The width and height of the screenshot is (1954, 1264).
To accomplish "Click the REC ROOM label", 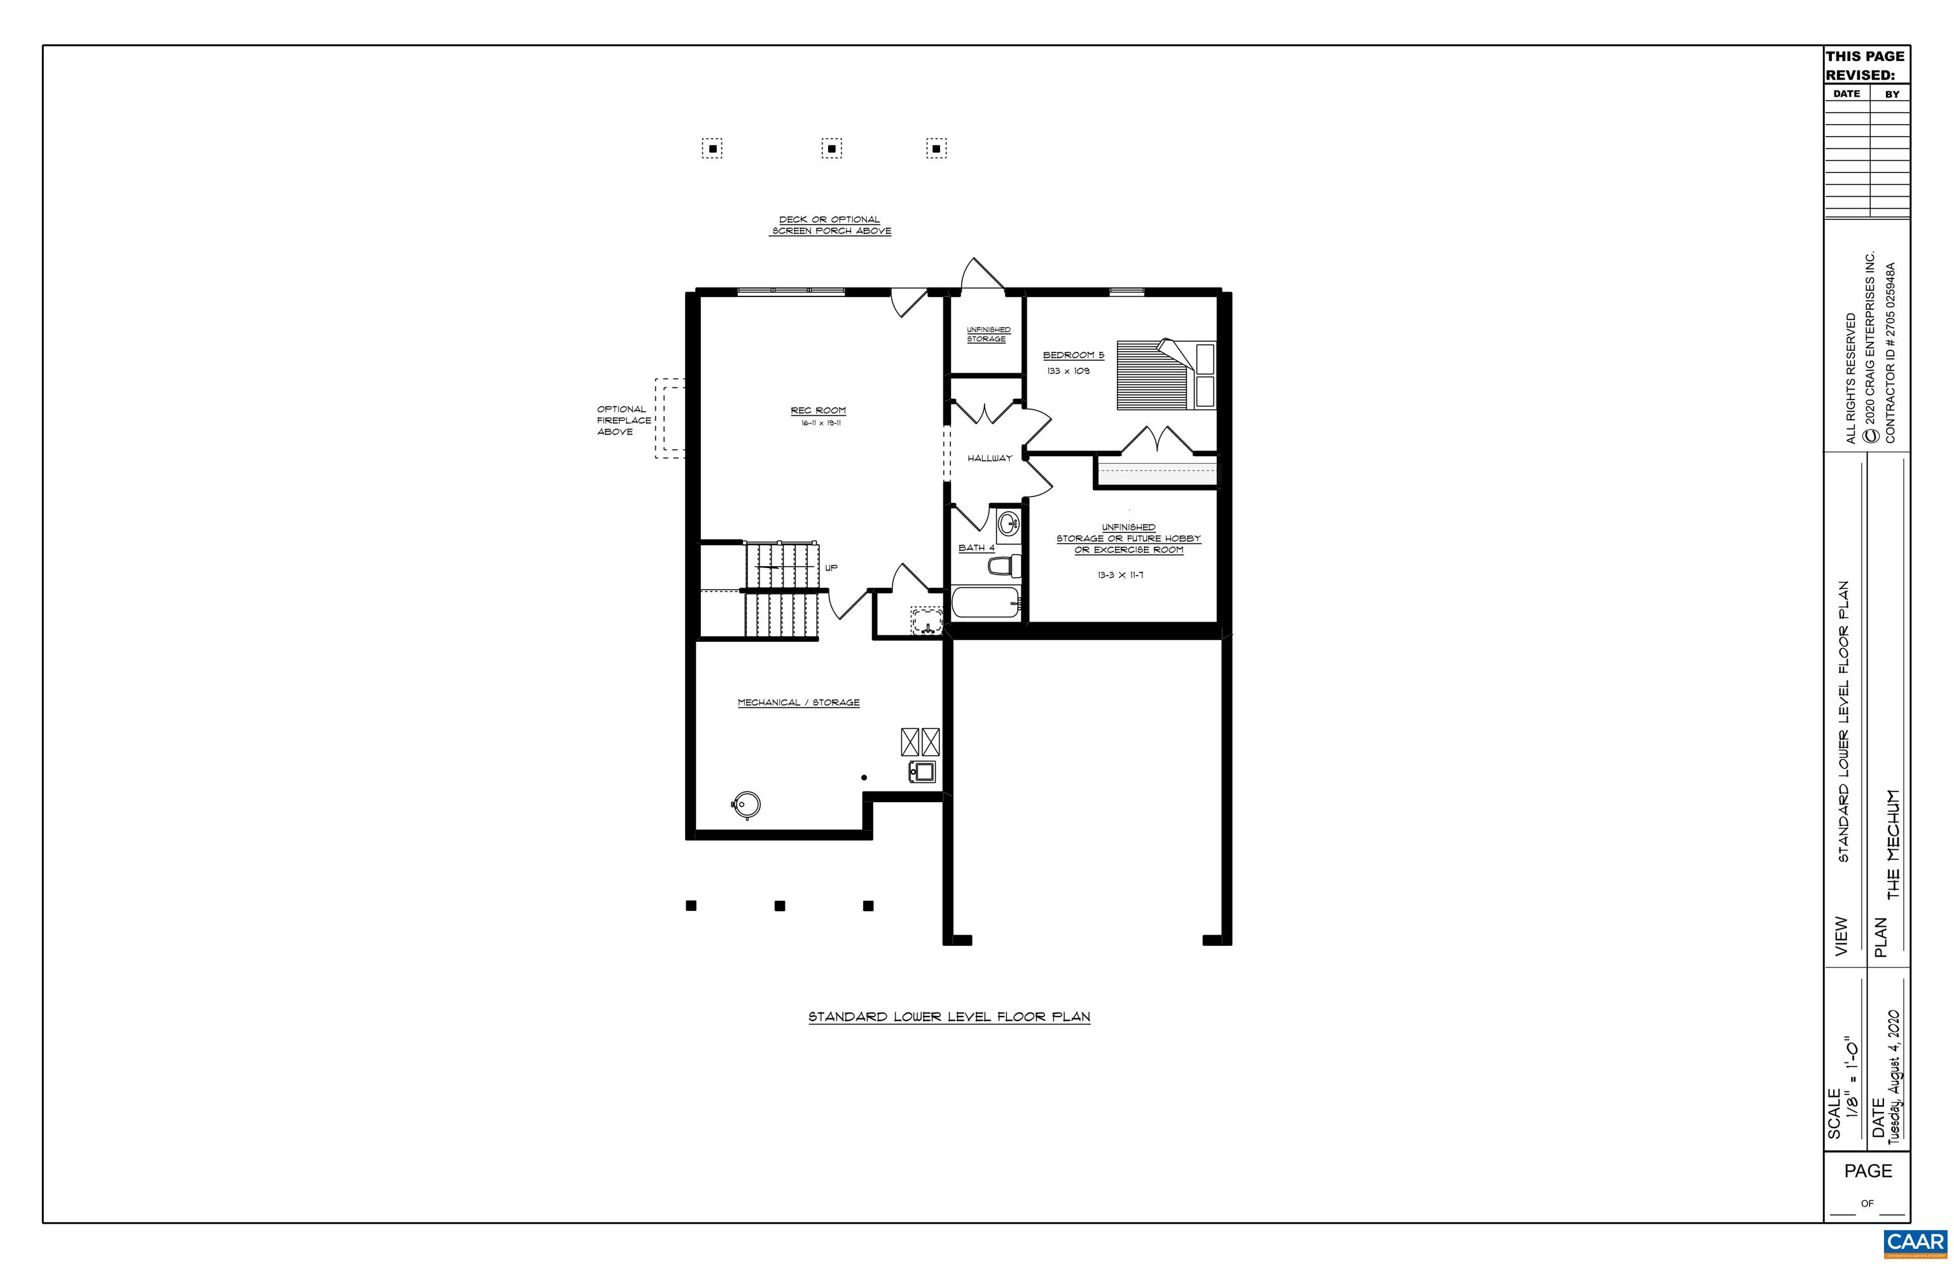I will (817, 410).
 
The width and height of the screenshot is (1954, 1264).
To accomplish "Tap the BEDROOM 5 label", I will (1072, 356).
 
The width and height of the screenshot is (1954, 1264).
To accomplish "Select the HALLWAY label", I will (989, 458).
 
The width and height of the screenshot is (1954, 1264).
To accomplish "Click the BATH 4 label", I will (976, 548).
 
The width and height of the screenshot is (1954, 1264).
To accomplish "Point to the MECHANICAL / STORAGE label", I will (798, 702).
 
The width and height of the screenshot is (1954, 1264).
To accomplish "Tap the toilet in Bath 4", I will (1003, 566).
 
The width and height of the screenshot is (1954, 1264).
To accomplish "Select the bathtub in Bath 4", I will (985, 603).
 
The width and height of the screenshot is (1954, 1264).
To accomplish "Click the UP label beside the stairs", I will (831, 568).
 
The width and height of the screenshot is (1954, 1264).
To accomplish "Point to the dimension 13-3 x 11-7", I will (1120, 575).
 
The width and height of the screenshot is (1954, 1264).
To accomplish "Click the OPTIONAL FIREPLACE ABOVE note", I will (623, 420).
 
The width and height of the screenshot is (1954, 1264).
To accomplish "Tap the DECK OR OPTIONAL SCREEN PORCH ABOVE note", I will (831, 226).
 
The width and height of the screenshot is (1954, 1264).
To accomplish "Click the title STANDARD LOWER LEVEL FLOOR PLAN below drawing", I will (948, 1017).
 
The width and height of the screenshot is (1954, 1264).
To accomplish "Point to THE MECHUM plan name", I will (1892, 845).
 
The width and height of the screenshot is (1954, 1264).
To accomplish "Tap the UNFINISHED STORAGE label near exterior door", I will (987, 334).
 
